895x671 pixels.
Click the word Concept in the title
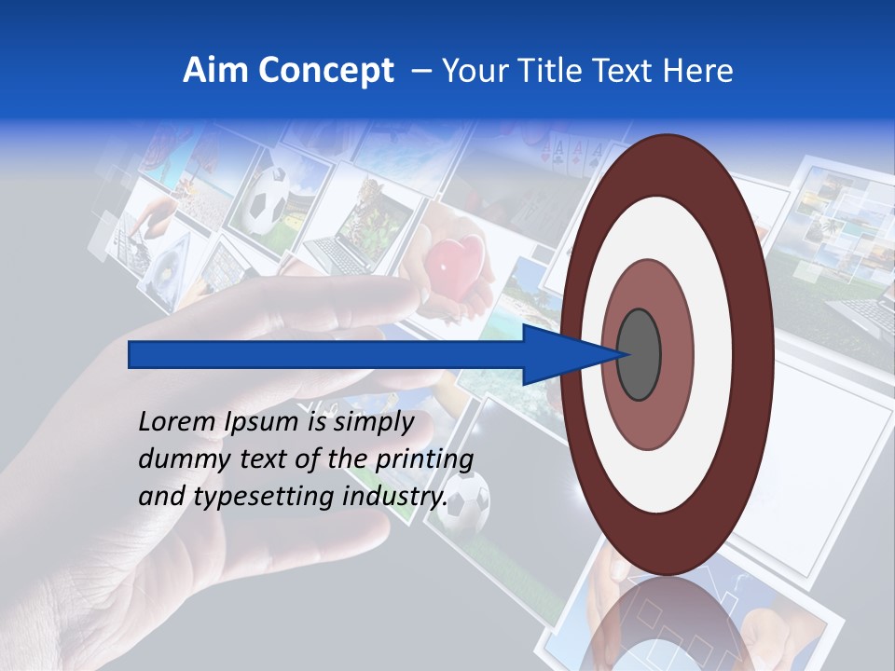(x=324, y=70)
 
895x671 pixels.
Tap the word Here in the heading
(x=697, y=70)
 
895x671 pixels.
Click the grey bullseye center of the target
(x=639, y=354)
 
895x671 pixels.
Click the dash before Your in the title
(x=420, y=70)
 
